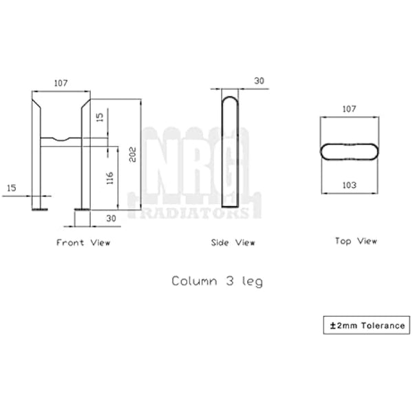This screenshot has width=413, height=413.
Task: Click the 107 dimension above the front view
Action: [61, 83]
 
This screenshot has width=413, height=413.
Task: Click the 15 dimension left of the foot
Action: [12, 188]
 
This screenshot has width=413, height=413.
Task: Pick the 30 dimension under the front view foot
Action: [110, 218]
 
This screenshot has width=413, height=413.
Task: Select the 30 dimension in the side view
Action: [259, 81]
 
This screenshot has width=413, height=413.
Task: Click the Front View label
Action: [83, 242]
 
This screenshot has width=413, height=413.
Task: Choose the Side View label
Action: [233, 242]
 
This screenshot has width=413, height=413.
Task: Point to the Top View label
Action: [356, 241]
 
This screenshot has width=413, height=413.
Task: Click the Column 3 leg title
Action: [217, 281]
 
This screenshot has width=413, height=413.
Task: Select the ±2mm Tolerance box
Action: [366, 325]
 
